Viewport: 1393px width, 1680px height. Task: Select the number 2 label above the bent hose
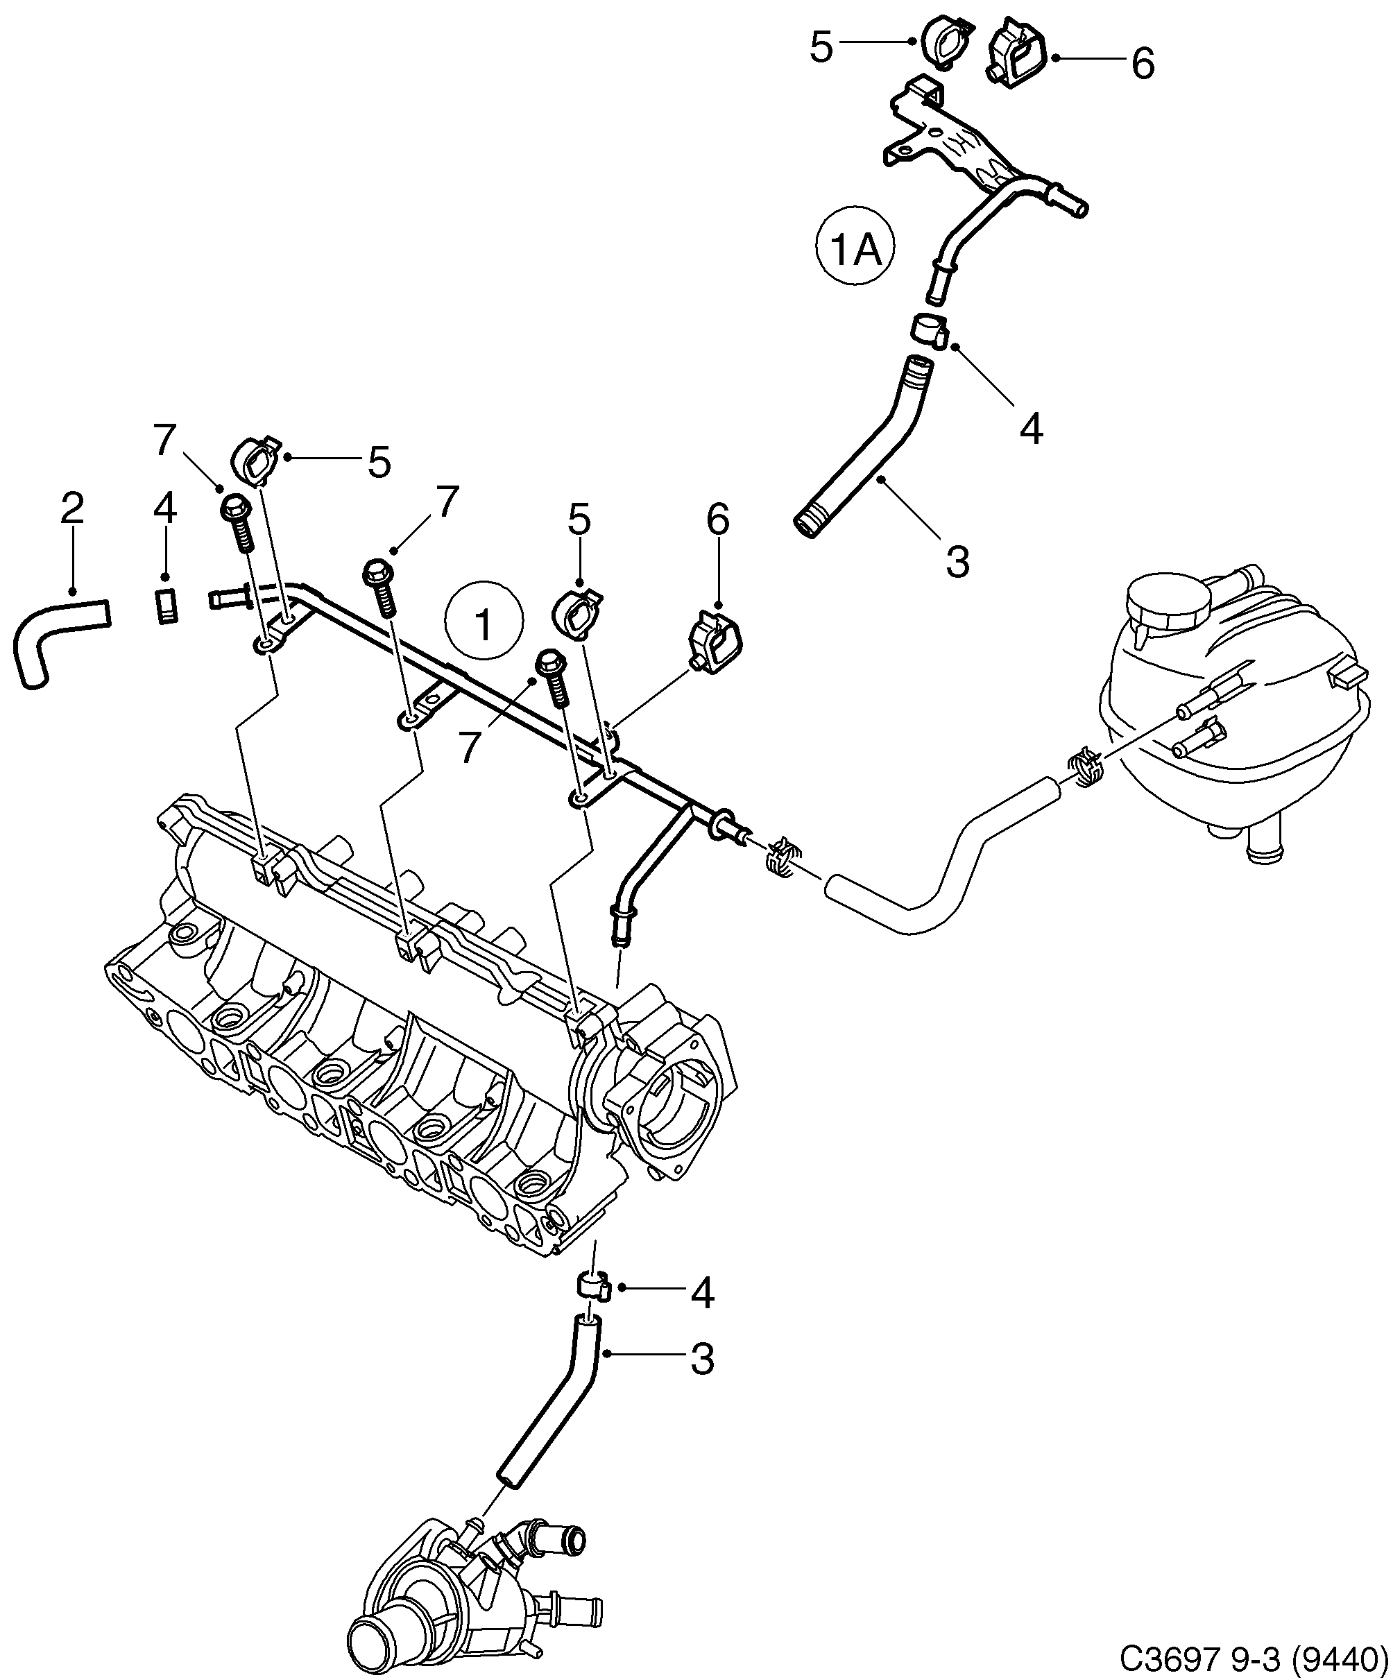point(72,510)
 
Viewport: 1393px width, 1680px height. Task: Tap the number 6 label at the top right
point(1143,63)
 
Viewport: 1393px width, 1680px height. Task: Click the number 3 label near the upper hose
point(957,562)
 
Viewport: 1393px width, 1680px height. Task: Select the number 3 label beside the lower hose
point(701,1358)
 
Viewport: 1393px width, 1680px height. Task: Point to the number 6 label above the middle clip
point(718,520)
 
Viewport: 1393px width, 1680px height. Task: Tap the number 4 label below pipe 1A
point(1032,429)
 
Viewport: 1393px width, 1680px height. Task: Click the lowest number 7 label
point(470,747)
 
